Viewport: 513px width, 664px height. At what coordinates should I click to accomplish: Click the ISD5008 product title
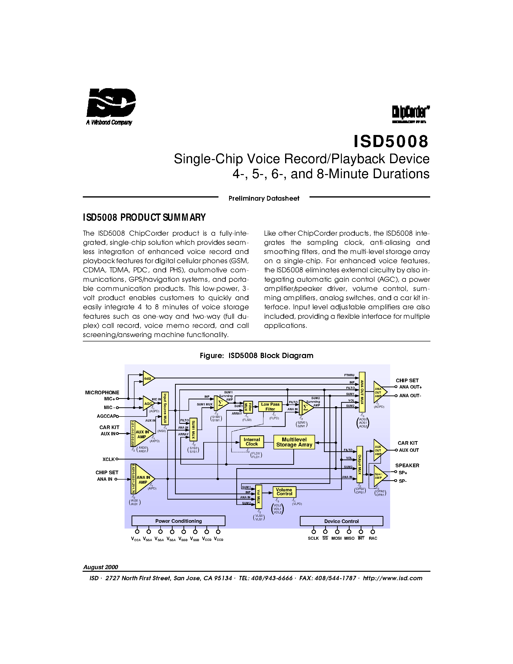click(x=391, y=141)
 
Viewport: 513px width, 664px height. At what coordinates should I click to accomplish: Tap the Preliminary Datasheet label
click(x=264, y=198)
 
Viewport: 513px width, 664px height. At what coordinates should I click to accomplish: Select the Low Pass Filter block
click(x=270, y=406)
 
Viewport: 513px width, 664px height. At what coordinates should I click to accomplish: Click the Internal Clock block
click(x=252, y=442)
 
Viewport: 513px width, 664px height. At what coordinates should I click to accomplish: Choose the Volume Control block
click(x=284, y=492)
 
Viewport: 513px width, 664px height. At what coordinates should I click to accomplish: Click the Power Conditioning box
click(x=178, y=521)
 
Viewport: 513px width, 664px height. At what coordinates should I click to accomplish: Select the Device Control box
click(x=341, y=521)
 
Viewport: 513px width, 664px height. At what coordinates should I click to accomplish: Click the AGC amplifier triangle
click(x=148, y=403)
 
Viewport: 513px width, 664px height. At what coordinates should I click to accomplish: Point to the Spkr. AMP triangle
click(x=379, y=476)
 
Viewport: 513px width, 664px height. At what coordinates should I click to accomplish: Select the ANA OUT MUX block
click(x=362, y=392)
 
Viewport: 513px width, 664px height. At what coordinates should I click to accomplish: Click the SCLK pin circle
click(x=314, y=531)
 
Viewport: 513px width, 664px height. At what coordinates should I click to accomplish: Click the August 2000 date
click(x=101, y=567)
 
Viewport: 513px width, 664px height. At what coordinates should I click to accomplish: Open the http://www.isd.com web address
click(x=392, y=578)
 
